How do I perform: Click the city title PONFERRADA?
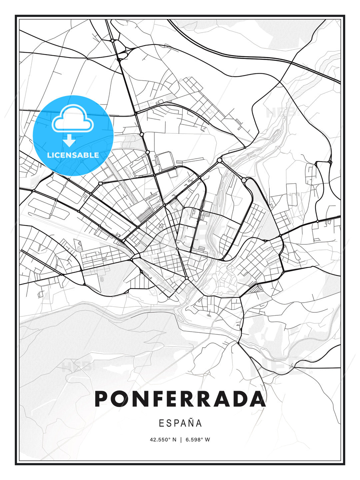pos(180,399)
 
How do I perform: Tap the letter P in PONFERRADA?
pos(102,399)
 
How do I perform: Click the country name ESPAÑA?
pos(180,423)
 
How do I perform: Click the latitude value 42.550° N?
pos(163,440)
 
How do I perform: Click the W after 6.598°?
pos(208,440)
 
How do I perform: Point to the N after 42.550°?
pos(174,440)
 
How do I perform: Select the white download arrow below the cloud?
pos(70,141)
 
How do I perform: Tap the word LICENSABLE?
pos(73,155)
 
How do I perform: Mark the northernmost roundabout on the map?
pos(113,40)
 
